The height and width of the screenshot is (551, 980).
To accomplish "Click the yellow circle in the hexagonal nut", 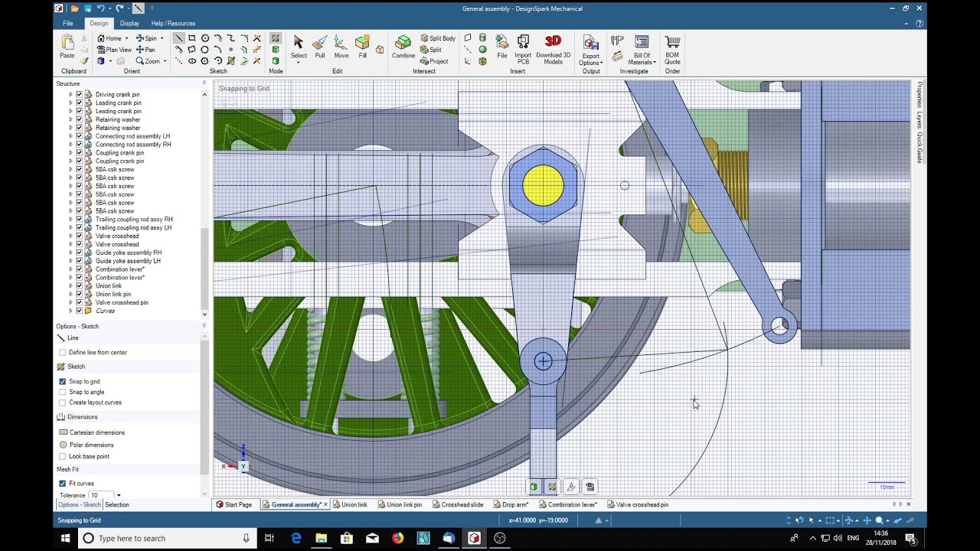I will [x=543, y=185].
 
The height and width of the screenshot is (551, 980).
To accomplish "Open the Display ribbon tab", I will [x=129, y=23].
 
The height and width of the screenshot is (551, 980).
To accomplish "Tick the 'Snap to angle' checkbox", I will [x=63, y=392].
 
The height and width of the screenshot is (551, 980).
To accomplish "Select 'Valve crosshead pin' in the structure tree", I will [x=122, y=302].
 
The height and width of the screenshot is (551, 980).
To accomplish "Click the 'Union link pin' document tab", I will [x=403, y=504].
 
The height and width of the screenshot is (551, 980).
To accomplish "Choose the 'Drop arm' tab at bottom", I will [x=514, y=504].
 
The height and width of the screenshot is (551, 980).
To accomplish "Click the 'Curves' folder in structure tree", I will [x=105, y=311].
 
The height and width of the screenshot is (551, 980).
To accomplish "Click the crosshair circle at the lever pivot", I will [x=543, y=361].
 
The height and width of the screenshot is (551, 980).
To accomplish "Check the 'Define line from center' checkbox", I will [x=63, y=352].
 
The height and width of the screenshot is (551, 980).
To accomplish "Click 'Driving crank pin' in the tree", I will [x=117, y=94].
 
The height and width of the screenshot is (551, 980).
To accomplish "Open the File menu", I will [x=68, y=23].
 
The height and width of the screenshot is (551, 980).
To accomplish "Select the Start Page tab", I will [x=237, y=504].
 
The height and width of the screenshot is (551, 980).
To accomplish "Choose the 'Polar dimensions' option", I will [x=91, y=445].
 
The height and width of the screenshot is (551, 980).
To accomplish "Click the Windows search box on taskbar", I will [x=165, y=538].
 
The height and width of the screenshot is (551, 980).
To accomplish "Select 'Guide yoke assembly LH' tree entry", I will [x=128, y=261].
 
